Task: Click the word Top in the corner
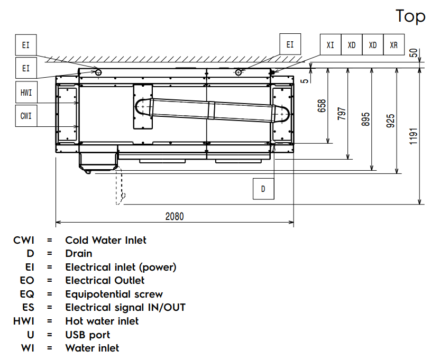click(410, 16)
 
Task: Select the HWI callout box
click(26, 93)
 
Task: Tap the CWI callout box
click(26, 115)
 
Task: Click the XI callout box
click(331, 45)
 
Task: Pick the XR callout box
click(393, 45)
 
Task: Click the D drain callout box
click(263, 189)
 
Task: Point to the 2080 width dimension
click(175, 216)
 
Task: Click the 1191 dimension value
click(414, 136)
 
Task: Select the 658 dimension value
click(322, 106)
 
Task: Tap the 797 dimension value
click(342, 114)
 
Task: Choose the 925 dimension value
click(390, 121)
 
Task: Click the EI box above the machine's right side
click(290, 45)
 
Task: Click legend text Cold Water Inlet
click(106, 240)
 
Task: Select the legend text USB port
click(88, 335)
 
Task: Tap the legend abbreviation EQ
click(29, 294)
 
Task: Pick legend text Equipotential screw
click(114, 294)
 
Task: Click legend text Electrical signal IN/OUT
click(125, 307)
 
